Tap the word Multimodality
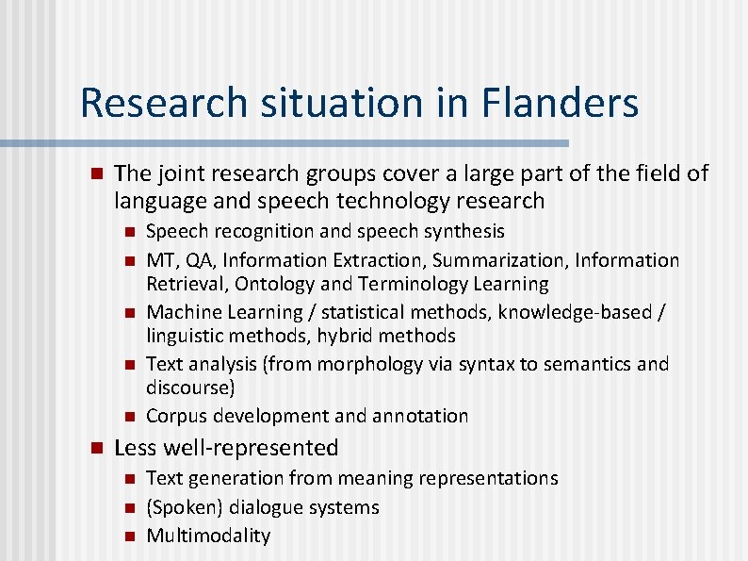pos(208,536)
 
